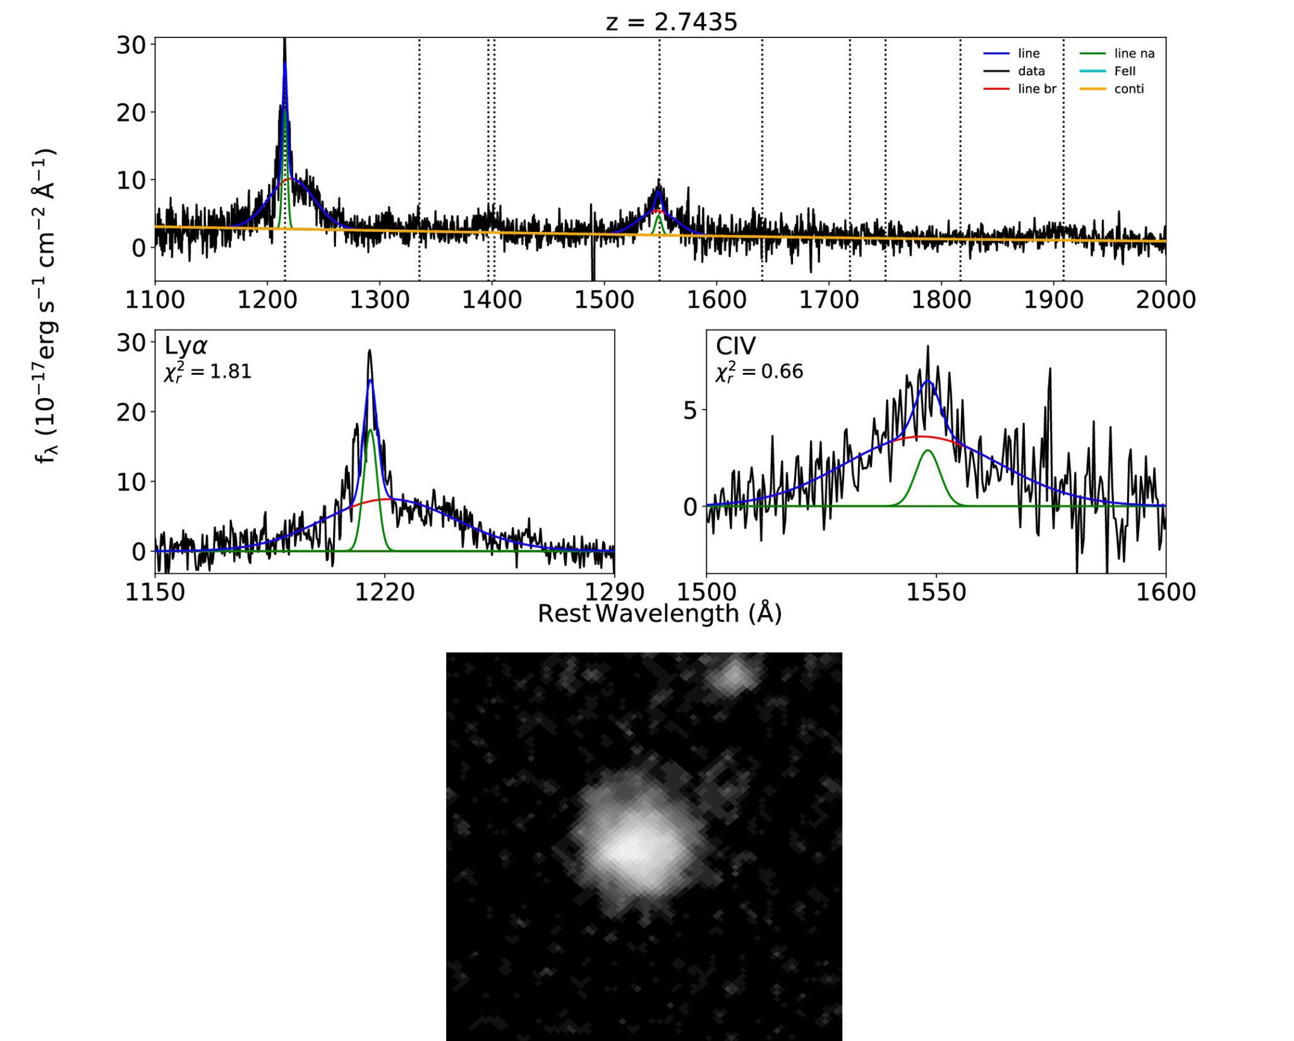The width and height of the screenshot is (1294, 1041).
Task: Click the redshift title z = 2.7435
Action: pos(671,22)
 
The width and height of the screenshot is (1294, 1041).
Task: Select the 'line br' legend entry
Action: pos(1036,89)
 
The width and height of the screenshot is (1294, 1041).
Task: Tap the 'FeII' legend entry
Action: pos(1124,71)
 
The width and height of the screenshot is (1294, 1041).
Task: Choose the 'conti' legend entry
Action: pos(1128,89)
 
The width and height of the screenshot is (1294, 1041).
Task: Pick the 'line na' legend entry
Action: pos(1134,54)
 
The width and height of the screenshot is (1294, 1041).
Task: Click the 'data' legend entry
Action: pos(1031,71)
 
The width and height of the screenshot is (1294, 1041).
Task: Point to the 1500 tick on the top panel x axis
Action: pos(604,300)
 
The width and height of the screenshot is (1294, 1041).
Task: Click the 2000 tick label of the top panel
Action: pos(1165,300)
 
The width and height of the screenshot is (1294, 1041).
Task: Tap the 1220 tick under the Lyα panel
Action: pos(385,592)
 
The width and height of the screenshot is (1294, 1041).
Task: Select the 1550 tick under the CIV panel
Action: pos(936,592)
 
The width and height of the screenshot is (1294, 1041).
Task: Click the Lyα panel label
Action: pos(186,346)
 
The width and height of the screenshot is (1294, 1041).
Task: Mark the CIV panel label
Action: pos(735,346)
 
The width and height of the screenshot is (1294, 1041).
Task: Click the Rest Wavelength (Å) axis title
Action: pos(660,614)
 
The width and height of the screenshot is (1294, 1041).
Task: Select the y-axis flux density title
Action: pos(46,307)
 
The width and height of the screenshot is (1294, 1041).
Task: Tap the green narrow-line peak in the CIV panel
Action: pos(928,451)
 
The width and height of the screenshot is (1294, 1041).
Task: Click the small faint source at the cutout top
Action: pos(734,677)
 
